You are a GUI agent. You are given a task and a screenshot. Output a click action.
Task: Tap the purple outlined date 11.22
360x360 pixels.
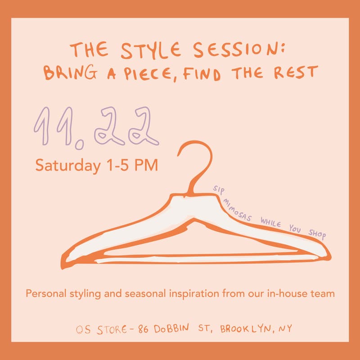97,126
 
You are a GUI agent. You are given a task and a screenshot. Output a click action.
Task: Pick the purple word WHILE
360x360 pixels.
269,224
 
